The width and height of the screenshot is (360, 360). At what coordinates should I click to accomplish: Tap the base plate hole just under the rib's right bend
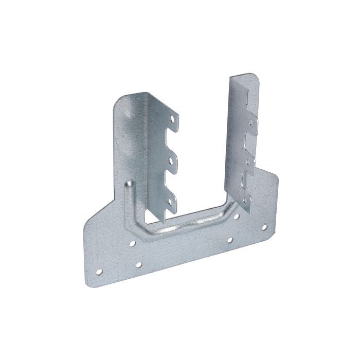point(236,217)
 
